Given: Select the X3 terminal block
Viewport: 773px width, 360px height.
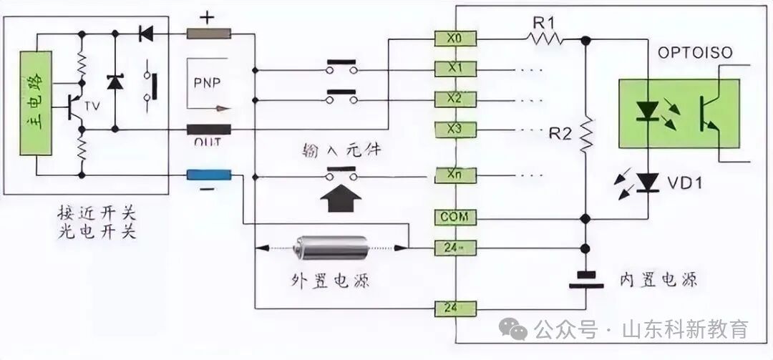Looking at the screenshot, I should pyautogui.click(x=454, y=130).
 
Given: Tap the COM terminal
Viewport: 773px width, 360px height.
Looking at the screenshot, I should pyautogui.click(x=454, y=217).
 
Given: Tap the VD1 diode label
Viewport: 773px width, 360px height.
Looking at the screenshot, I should pyautogui.click(x=685, y=184).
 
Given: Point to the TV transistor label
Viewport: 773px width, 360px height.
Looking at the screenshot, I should pyautogui.click(x=92, y=105).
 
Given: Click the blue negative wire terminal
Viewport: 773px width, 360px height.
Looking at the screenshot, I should pyautogui.click(x=208, y=175).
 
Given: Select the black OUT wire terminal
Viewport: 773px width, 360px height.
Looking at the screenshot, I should pyautogui.click(x=208, y=130).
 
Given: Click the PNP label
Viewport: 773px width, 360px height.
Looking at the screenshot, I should pyautogui.click(x=208, y=82).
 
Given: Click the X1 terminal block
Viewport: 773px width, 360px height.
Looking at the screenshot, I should pyautogui.click(x=454, y=69).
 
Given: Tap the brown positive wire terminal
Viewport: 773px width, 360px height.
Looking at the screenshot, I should pyautogui.click(x=208, y=33).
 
